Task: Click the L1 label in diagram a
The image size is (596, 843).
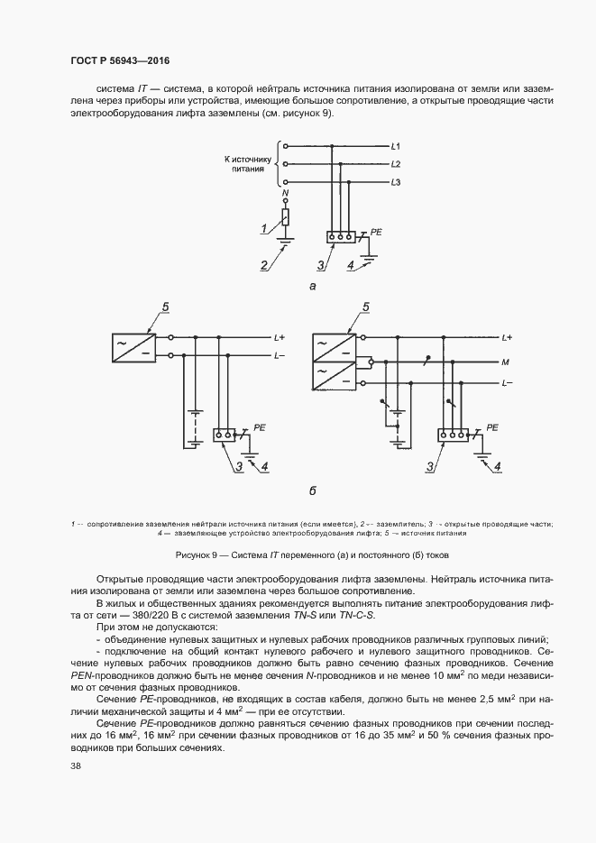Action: tap(396, 146)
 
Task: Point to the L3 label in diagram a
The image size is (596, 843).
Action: tap(396, 184)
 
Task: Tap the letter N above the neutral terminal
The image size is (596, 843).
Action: tap(286, 194)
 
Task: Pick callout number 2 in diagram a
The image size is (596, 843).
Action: tap(264, 265)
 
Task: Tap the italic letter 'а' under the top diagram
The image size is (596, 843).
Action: tap(312, 287)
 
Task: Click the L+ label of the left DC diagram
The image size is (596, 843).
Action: tap(280, 338)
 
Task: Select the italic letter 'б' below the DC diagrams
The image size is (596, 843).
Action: tap(312, 491)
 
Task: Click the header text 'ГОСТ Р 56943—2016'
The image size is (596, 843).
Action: tap(120, 61)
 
